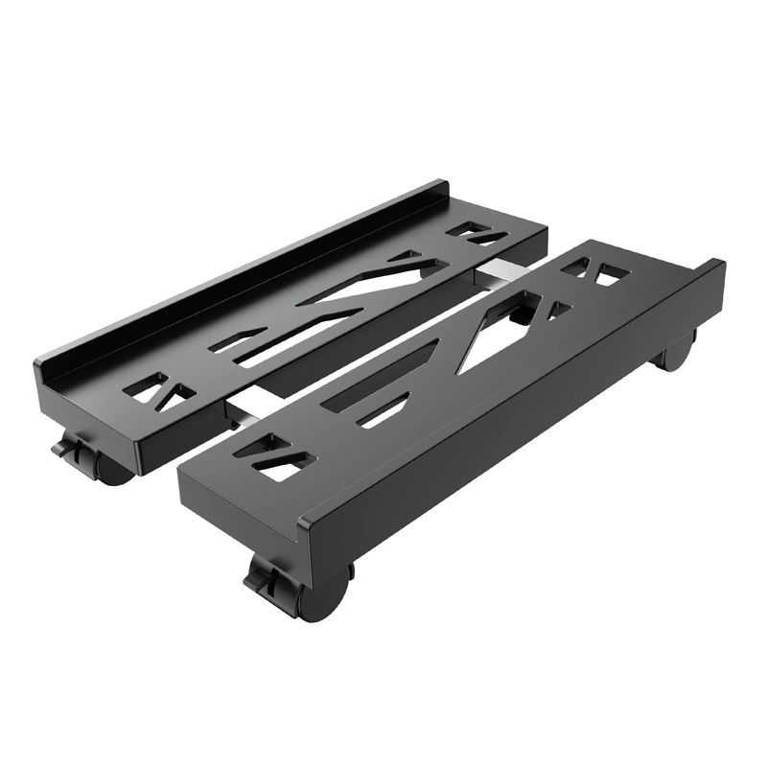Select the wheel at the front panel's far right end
pyautogui.click(x=675, y=355)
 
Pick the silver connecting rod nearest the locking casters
pyautogui.click(x=239, y=413)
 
